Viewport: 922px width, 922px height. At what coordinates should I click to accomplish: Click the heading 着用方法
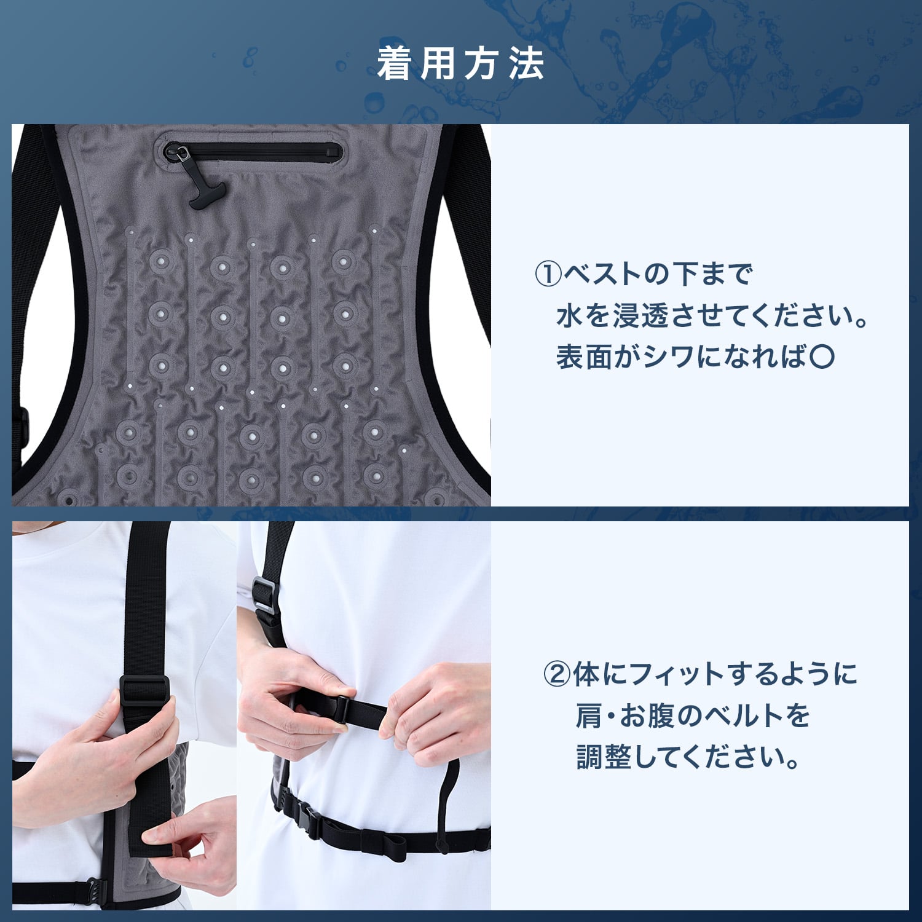(460, 64)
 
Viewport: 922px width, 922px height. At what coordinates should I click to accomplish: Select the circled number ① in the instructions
(548, 274)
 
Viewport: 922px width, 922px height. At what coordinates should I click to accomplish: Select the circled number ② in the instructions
(557, 674)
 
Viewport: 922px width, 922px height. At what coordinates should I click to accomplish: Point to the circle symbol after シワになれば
(822, 356)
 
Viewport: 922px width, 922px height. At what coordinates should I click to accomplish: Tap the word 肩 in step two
(588, 715)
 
